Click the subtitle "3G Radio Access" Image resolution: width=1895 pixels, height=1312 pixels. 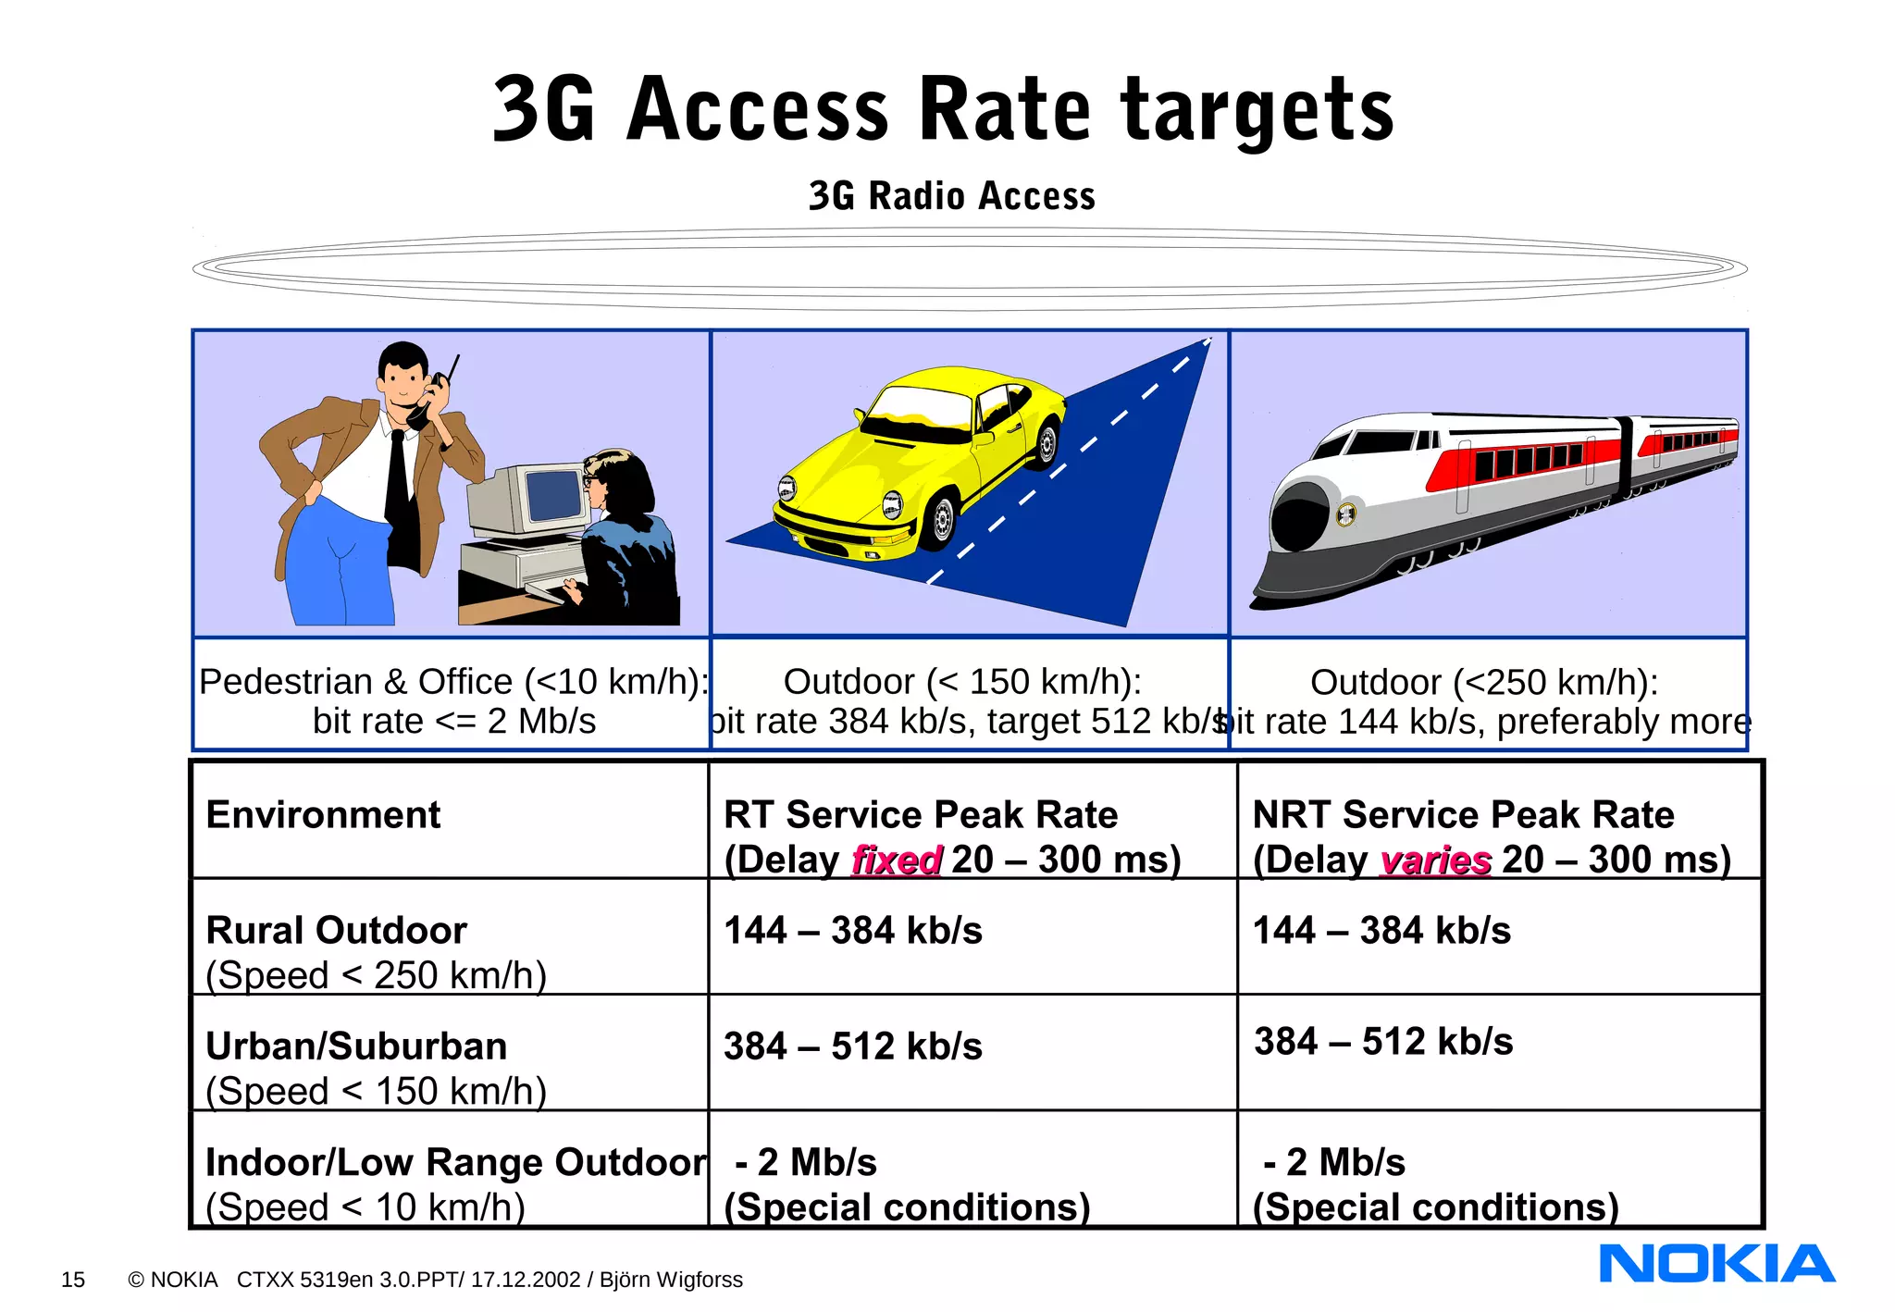(x=951, y=196)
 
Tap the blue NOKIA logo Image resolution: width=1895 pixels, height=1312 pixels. (x=1716, y=1264)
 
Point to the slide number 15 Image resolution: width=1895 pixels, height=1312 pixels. (x=72, y=1280)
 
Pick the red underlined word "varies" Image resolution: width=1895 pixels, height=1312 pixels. (x=1435, y=860)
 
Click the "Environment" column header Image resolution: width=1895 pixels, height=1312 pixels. (x=323, y=815)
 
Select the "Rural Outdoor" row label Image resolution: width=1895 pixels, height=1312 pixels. (x=336, y=931)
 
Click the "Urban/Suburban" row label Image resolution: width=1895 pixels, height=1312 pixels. (x=356, y=1046)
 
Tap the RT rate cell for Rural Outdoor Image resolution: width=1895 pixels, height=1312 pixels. (x=852, y=931)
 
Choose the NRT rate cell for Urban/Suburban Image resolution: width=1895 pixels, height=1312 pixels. (x=1383, y=1042)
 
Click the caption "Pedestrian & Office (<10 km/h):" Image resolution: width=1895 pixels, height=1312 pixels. (x=453, y=682)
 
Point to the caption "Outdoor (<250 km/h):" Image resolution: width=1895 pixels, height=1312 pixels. (x=1484, y=683)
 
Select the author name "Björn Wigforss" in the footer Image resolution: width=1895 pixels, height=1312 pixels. (x=671, y=1280)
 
